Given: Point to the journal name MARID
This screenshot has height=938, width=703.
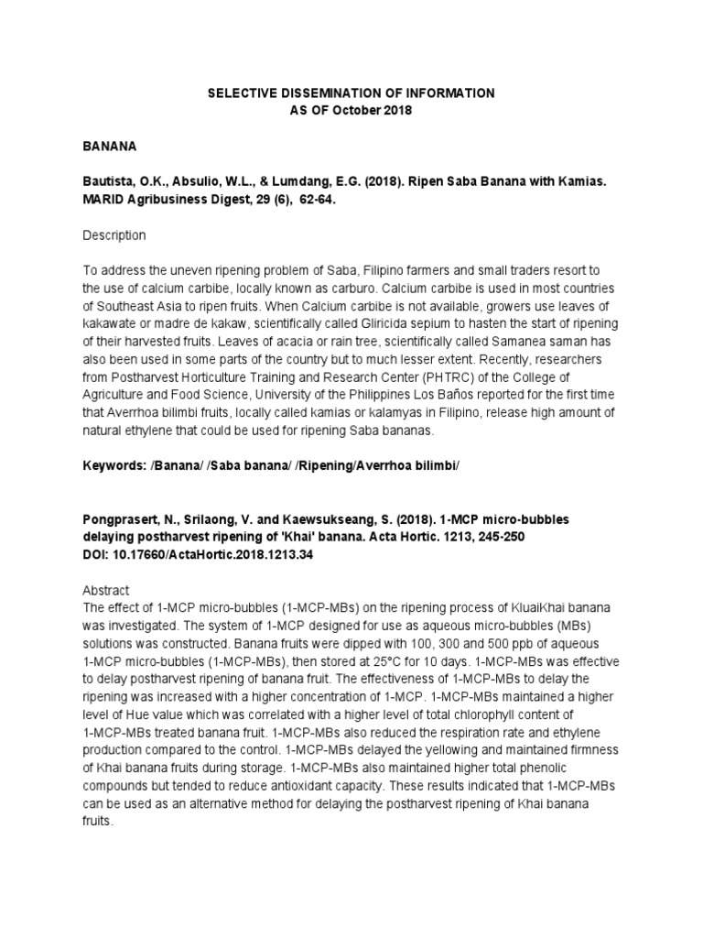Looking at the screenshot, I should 103,199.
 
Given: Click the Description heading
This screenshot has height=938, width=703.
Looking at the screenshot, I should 114,235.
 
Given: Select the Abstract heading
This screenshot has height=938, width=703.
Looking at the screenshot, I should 107,591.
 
